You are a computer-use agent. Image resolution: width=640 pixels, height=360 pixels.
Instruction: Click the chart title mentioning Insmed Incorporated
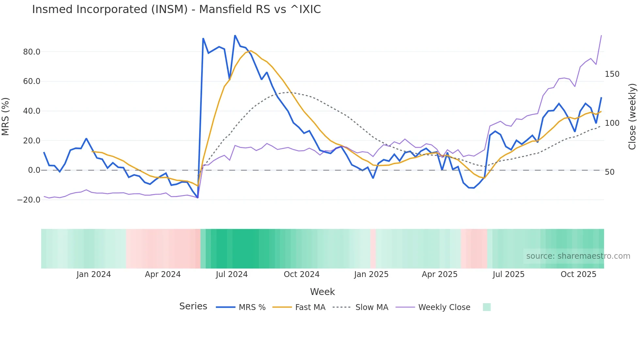point(176,9)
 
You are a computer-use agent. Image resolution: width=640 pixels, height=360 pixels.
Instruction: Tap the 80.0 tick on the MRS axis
point(32,52)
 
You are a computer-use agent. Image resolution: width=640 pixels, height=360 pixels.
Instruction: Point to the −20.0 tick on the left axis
point(29,200)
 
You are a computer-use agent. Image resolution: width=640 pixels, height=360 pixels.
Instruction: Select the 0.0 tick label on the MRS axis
point(34,170)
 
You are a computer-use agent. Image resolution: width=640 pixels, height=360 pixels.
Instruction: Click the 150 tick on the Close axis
point(612,74)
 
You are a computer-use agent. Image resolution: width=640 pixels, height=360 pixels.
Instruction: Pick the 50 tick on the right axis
point(610,172)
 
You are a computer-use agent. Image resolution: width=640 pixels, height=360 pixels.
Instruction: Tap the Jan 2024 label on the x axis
point(94,274)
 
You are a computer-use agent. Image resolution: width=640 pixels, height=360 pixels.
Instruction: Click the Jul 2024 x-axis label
point(232,274)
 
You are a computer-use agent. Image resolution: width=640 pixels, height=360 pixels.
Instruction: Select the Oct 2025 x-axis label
point(578,274)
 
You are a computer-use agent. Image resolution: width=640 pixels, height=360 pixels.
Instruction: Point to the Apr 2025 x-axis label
point(440,274)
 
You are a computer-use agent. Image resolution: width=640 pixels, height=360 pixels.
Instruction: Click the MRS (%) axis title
point(6,116)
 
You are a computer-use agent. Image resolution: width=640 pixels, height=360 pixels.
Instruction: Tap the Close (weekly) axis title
point(632,116)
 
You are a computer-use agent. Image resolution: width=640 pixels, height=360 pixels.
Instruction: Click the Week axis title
point(322,292)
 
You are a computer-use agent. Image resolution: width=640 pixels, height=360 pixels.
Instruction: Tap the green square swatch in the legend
point(487,307)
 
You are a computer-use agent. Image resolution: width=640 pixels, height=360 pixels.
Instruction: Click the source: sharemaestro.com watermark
point(578,256)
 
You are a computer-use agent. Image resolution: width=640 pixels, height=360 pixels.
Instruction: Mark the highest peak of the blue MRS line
point(235,35)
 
